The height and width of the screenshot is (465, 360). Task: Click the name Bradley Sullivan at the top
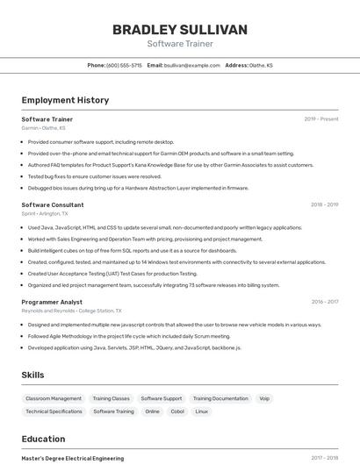(180, 30)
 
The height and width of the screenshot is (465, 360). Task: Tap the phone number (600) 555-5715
(124, 65)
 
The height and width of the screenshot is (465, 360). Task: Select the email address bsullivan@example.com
(191, 65)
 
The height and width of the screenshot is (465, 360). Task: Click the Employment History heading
(65, 100)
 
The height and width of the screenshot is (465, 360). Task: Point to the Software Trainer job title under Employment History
(47, 118)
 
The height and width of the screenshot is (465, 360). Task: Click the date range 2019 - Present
(321, 118)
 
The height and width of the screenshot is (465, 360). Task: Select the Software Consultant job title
(53, 204)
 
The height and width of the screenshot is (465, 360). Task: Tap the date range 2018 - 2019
(324, 204)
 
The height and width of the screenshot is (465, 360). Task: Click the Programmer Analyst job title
(52, 302)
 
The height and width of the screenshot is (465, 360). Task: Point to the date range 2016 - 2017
(325, 302)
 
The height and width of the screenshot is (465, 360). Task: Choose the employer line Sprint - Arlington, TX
(45, 213)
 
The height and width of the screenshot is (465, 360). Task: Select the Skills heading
(32, 375)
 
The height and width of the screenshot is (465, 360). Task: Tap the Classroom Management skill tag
(54, 398)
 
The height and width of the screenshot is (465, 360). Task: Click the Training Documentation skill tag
(220, 398)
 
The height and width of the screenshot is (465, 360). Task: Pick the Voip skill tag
(264, 398)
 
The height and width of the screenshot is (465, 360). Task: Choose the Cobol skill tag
(177, 411)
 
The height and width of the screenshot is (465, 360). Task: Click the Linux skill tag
(202, 411)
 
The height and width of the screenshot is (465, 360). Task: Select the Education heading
(43, 439)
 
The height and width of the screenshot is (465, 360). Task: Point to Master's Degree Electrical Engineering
(73, 458)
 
